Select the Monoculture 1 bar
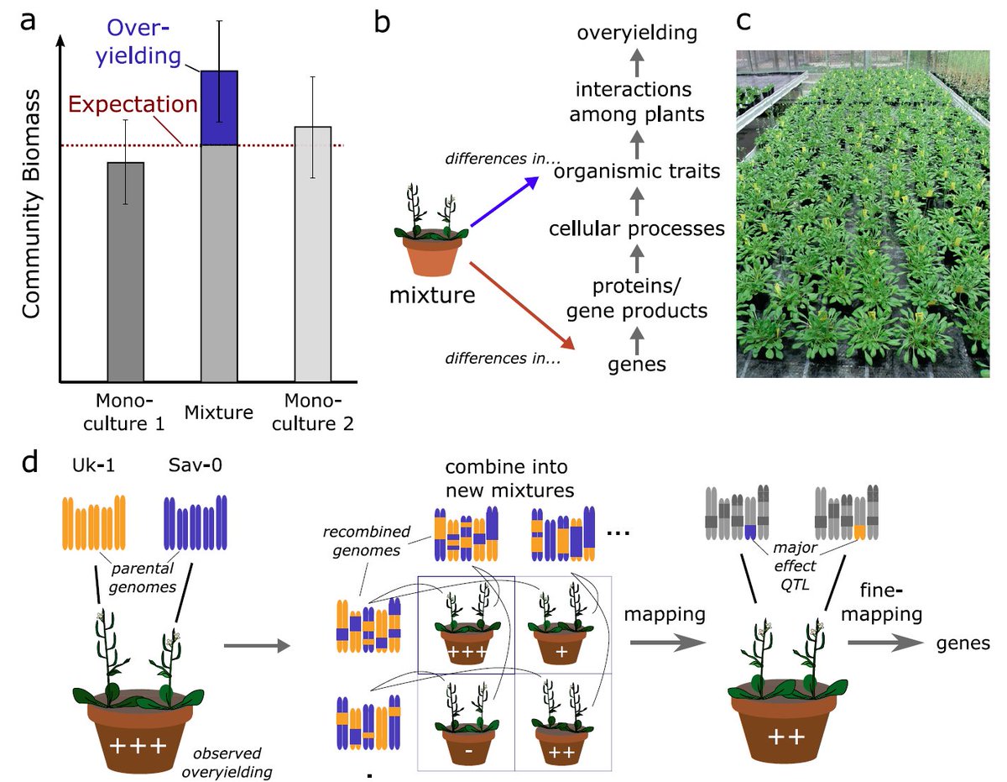[x=126, y=269]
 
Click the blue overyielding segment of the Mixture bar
[x=219, y=108]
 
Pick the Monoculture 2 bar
[x=312, y=252]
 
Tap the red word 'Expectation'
[x=133, y=106]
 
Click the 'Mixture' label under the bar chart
[x=220, y=412]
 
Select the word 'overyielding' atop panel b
[x=638, y=33]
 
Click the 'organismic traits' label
[x=637, y=171]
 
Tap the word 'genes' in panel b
[x=637, y=364]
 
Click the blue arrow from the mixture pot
[x=504, y=202]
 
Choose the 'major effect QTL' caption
[x=790, y=566]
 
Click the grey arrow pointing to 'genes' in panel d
[x=879, y=643]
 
